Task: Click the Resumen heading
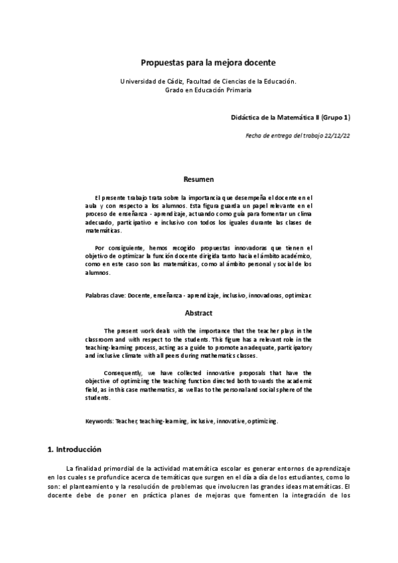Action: [x=198, y=179]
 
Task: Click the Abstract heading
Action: [x=198, y=313]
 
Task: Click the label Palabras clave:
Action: [x=105, y=294]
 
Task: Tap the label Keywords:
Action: [x=100, y=421]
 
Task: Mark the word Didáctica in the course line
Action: [x=246, y=118]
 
